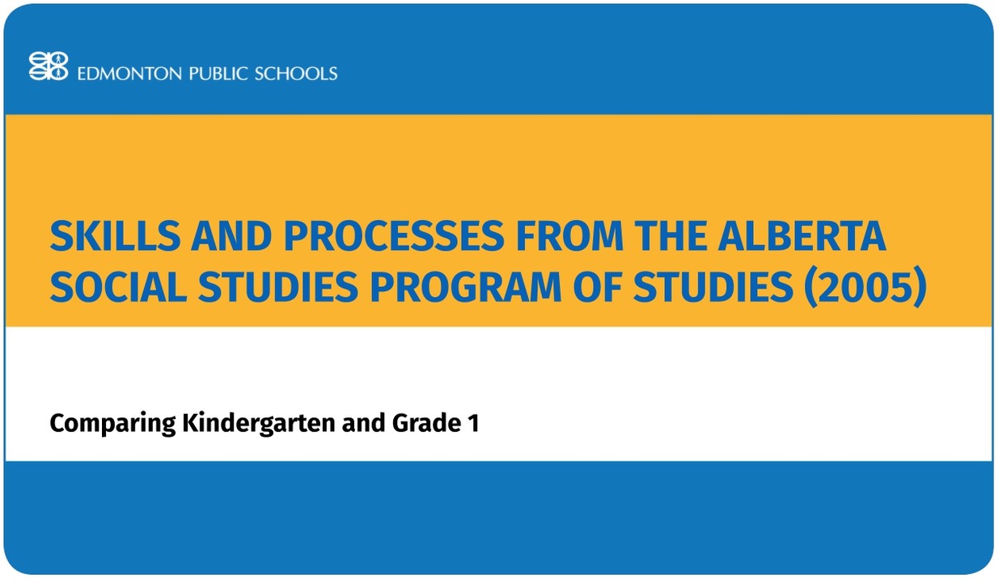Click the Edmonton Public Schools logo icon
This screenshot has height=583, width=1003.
pyautogui.click(x=49, y=66)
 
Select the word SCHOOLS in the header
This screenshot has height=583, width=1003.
pyautogui.click(x=296, y=74)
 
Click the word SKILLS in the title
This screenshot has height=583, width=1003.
pyautogui.click(x=112, y=236)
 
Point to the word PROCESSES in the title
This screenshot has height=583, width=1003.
pyautogui.click(x=391, y=236)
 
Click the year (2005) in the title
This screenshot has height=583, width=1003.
pyautogui.click(x=865, y=289)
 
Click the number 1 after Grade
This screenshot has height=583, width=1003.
pyautogui.click(x=473, y=423)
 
